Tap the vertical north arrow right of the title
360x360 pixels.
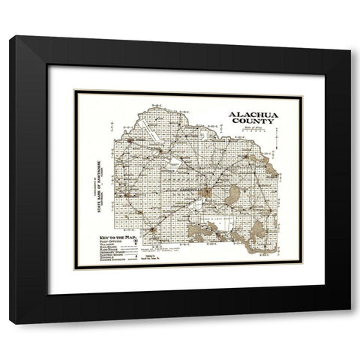pos(277,136)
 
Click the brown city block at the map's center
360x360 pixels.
pos(204,192)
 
